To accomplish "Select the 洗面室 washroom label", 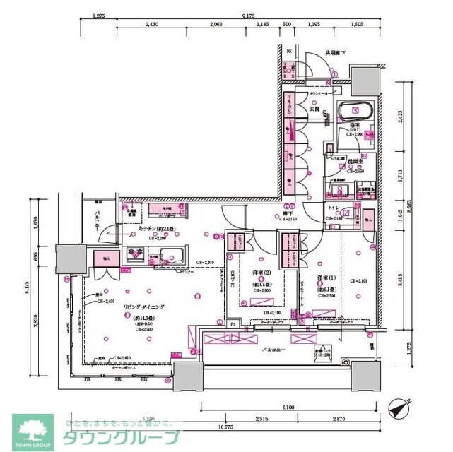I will (354, 162).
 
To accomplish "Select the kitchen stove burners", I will (134, 254).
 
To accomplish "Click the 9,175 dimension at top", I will (248, 14).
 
